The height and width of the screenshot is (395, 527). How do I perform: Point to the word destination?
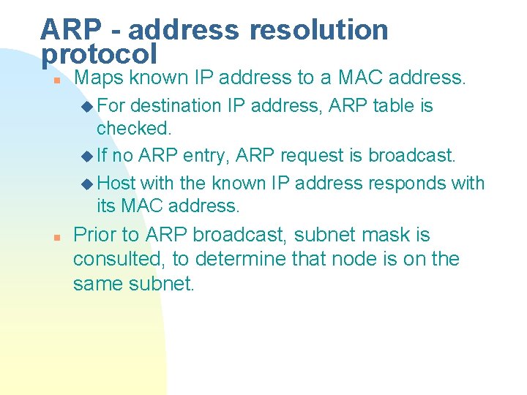176,106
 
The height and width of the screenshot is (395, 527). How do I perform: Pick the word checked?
133,128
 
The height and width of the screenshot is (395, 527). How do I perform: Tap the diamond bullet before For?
88,107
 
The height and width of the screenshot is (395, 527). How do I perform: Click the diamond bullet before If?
88,157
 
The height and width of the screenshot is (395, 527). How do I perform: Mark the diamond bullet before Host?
88,183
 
